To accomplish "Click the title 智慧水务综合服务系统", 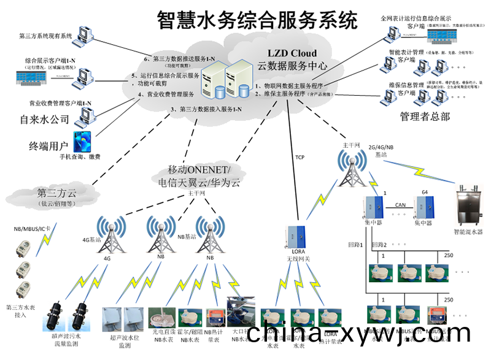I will [x=257, y=20].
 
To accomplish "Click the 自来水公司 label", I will [x=45, y=119].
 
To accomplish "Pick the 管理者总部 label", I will [x=425, y=116].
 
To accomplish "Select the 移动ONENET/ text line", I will [x=199, y=169].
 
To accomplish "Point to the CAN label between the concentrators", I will [x=400, y=205].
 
